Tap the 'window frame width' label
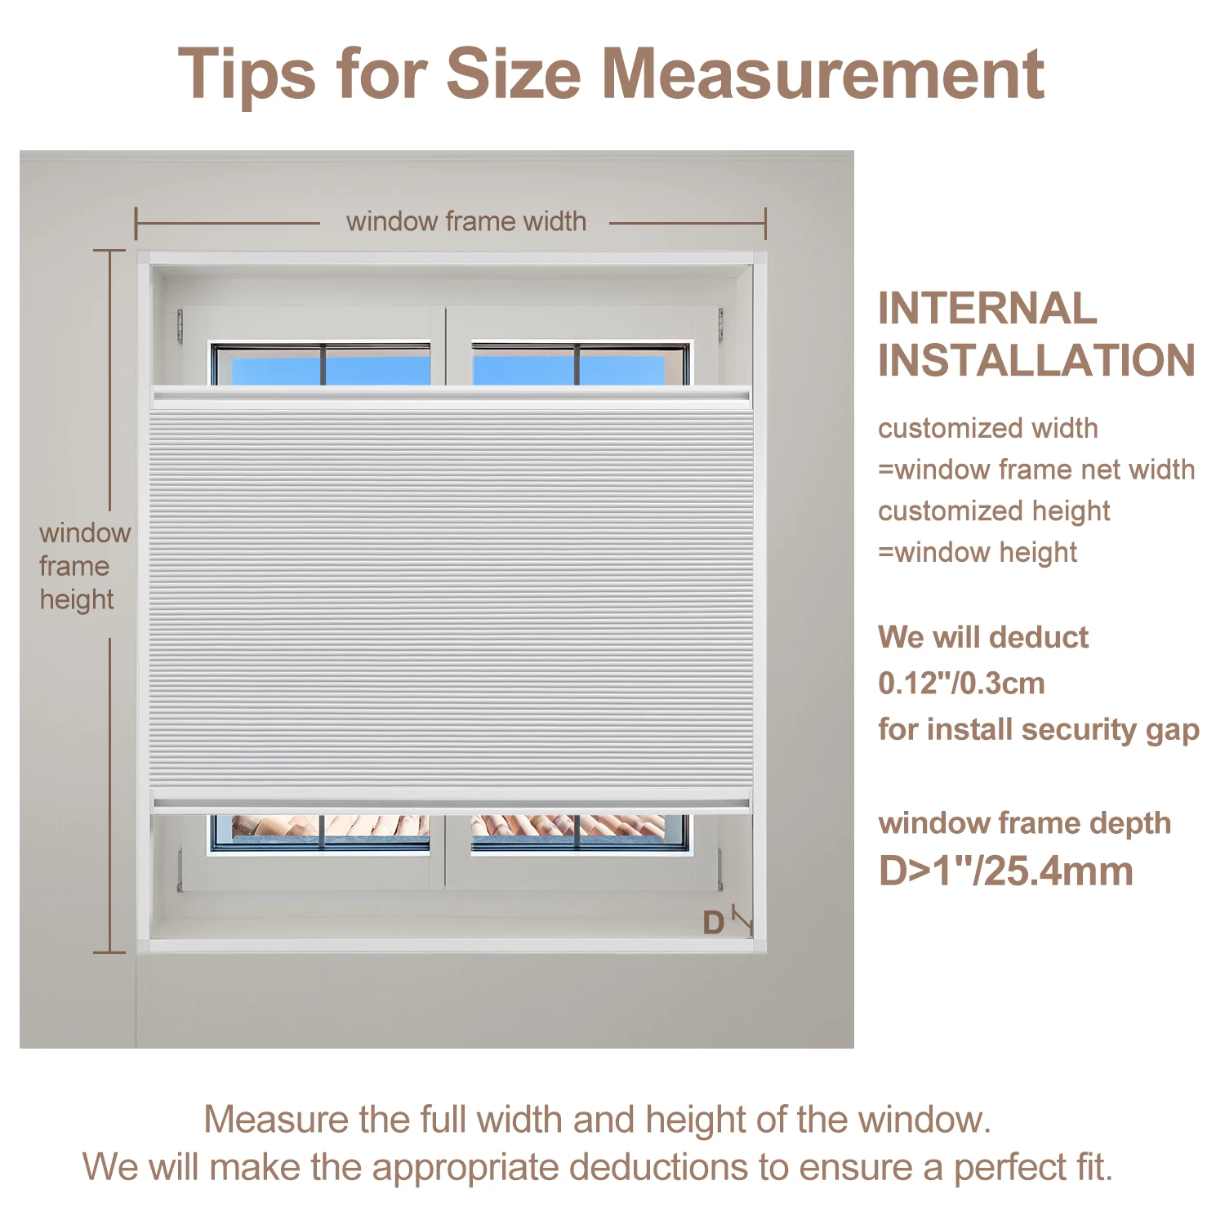(465, 221)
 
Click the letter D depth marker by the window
(713, 923)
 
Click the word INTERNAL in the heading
(987, 309)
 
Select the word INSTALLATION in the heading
(1036, 361)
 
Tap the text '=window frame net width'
(1036, 470)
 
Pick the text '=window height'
(978, 553)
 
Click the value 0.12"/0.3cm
(961, 683)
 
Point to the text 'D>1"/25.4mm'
(1005, 871)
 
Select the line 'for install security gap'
(1038, 729)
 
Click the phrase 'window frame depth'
(1024, 823)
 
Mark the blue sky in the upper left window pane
(278, 370)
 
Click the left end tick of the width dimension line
(136, 223)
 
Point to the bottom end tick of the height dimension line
(109, 952)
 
